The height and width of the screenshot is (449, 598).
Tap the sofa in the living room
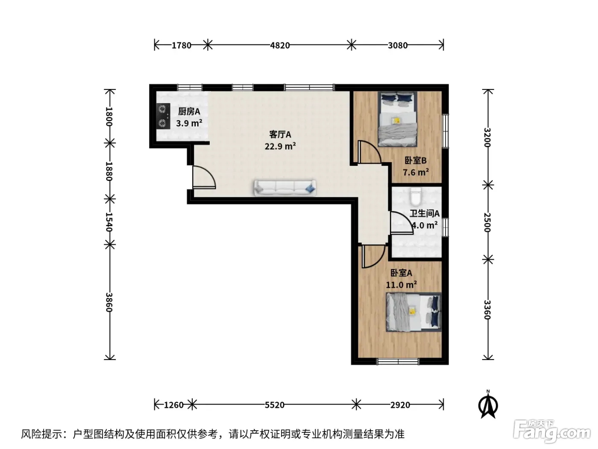pyautogui.click(x=285, y=188)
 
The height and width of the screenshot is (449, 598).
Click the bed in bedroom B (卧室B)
pyautogui.click(x=398, y=119)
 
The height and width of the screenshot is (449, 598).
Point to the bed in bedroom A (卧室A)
pyautogui.click(x=413, y=312)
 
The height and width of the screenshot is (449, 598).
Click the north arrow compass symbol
pyautogui.click(x=488, y=405)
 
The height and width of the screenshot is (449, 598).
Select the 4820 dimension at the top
pyautogui.click(x=280, y=45)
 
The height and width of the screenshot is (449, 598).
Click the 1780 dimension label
pyautogui.click(x=182, y=45)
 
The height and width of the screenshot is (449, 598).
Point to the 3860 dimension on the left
pyautogui.click(x=109, y=302)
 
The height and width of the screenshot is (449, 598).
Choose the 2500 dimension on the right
pyautogui.click(x=487, y=222)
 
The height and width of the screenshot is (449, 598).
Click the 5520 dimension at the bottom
pyautogui.click(x=275, y=405)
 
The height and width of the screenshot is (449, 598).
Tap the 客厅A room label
pyautogui.click(x=280, y=134)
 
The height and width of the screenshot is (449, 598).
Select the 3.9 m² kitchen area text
pyautogui.click(x=189, y=123)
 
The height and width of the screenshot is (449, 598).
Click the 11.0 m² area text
pyautogui.click(x=401, y=285)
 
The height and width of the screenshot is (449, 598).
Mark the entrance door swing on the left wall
pyautogui.click(x=204, y=177)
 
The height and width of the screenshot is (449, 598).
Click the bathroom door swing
pyautogui.click(x=402, y=223)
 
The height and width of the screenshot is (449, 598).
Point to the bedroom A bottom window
pyautogui.click(x=398, y=361)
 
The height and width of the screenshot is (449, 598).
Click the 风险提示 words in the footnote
pyautogui.click(x=42, y=434)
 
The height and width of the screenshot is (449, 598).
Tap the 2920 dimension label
pyautogui.click(x=400, y=405)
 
